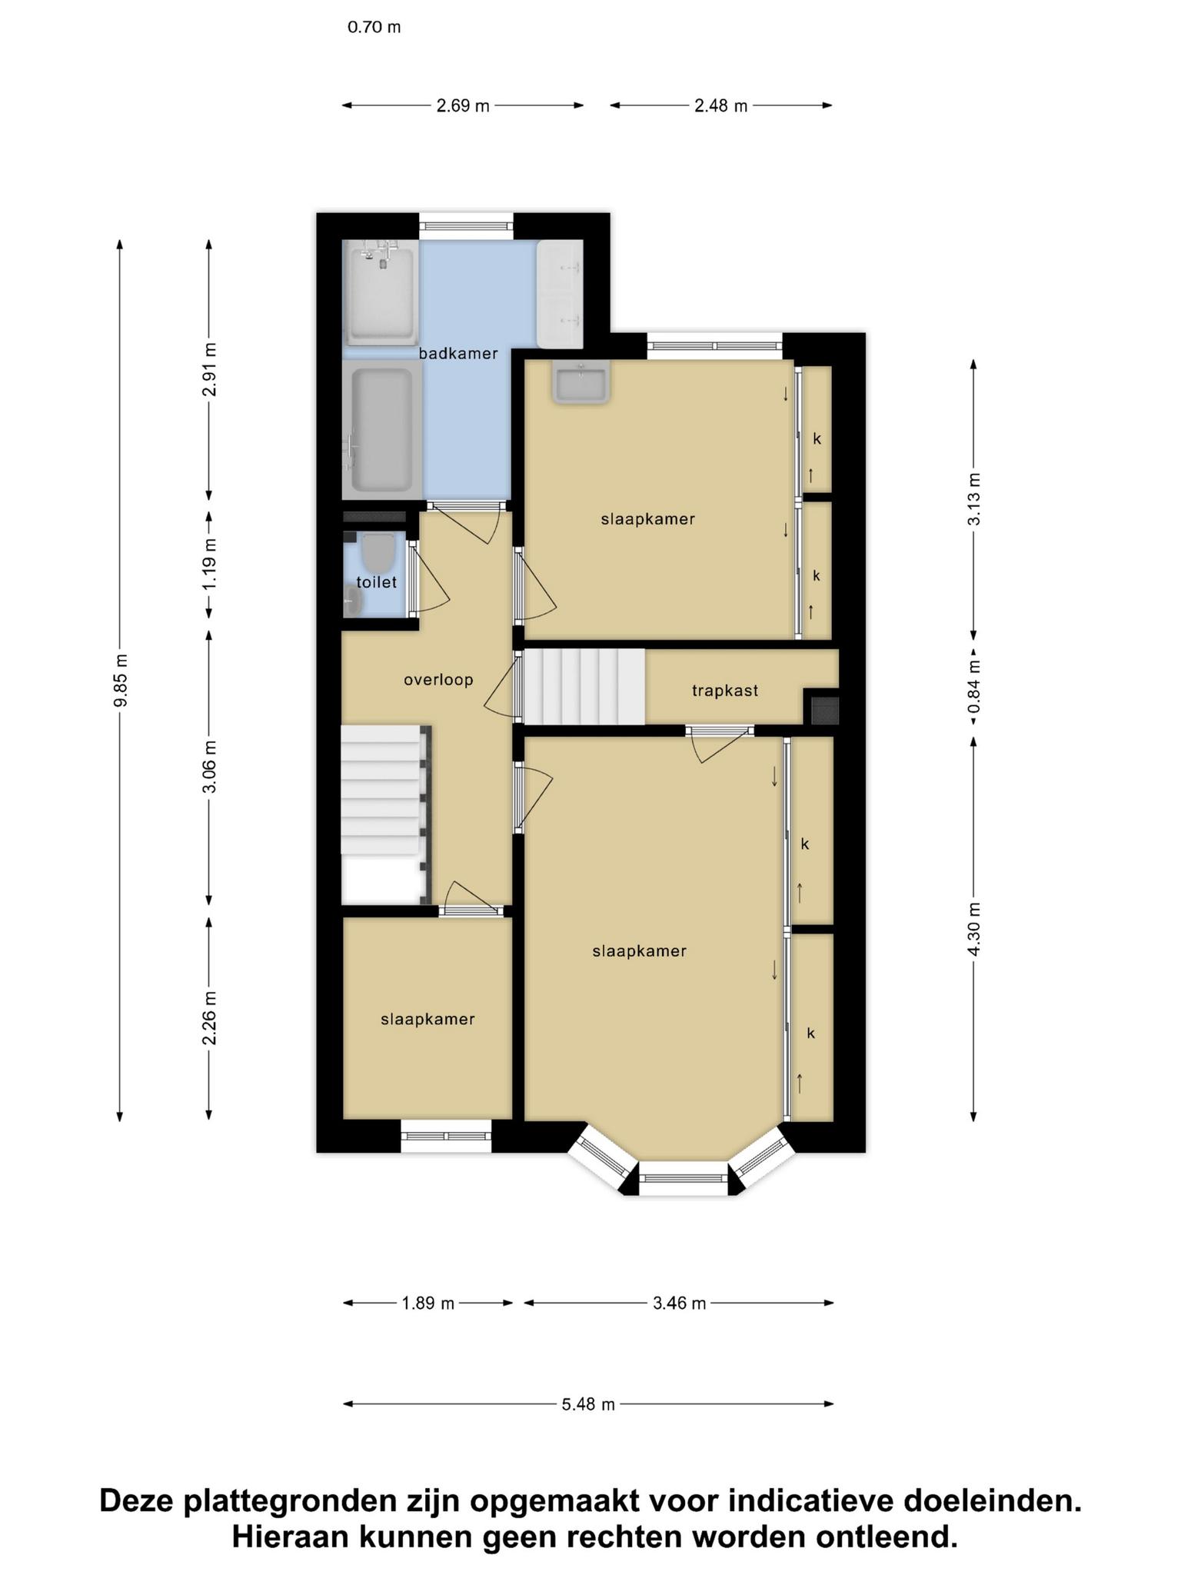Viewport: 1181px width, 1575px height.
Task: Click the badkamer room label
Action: point(458,354)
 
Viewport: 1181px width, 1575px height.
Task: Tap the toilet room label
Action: point(377,582)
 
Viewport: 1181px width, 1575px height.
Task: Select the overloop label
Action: point(438,680)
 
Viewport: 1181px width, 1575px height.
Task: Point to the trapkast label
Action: point(725,691)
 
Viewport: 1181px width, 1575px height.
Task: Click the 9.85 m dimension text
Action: point(121,680)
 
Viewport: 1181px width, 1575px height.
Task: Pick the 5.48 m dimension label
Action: point(588,1404)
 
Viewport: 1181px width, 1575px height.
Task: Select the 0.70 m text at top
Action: point(374,28)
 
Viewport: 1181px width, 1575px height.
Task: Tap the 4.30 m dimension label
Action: point(974,929)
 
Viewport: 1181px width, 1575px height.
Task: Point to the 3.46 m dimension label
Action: point(679,1303)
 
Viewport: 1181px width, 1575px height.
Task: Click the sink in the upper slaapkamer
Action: point(581,382)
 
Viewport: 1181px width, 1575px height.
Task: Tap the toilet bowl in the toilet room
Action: point(378,551)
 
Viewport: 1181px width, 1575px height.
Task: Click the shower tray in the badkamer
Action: point(381,293)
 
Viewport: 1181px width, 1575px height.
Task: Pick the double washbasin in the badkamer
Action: point(560,293)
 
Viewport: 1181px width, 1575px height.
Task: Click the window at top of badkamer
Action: point(466,226)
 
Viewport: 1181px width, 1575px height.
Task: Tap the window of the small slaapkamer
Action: point(446,1136)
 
